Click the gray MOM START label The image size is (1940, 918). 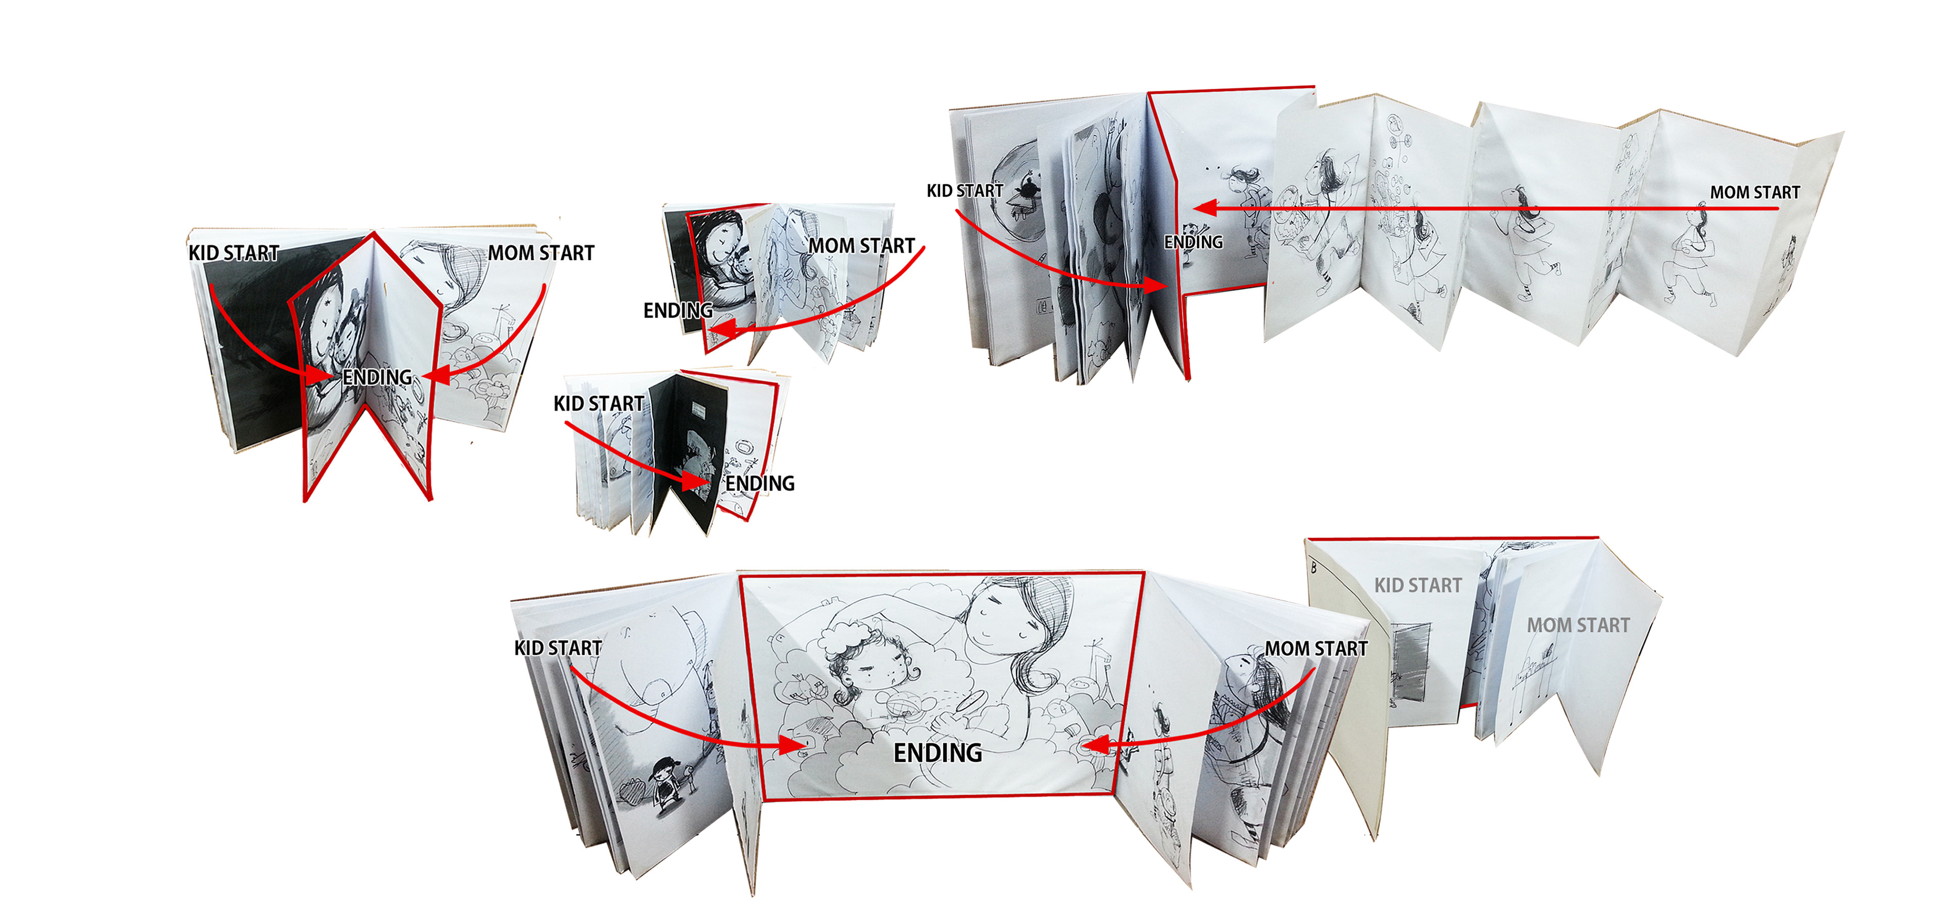tap(1578, 625)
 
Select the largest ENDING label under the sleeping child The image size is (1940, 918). tap(938, 752)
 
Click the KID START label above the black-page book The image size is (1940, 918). tap(599, 404)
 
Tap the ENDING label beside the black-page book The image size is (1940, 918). tap(760, 484)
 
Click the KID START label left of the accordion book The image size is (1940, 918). tap(965, 191)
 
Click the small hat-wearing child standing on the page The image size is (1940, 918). tap(663, 783)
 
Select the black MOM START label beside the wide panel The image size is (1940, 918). tap(1317, 648)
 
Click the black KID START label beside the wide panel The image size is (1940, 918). tap(558, 648)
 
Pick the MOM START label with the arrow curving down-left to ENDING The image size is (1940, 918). tap(861, 246)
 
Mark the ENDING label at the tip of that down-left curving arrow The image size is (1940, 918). tap(678, 310)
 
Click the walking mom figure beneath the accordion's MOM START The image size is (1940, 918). tap(1691, 256)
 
